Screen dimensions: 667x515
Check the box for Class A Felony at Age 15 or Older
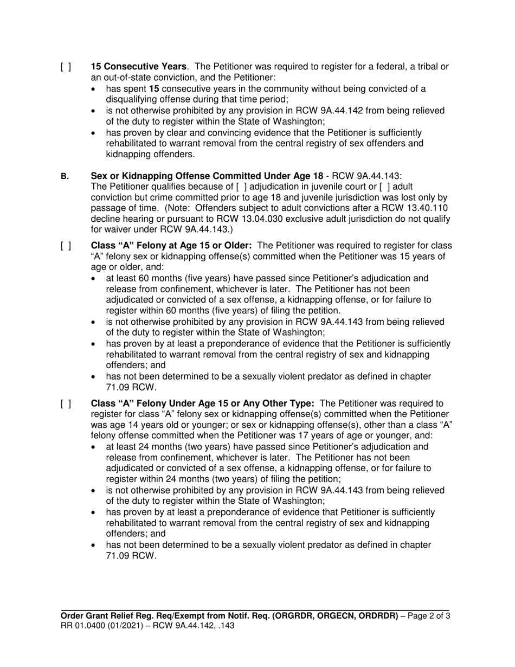[x=65, y=245]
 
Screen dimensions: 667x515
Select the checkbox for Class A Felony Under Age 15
[x=65, y=403]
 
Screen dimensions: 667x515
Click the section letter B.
[x=65, y=176]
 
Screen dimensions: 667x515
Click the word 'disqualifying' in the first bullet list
[x=132, y=99]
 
